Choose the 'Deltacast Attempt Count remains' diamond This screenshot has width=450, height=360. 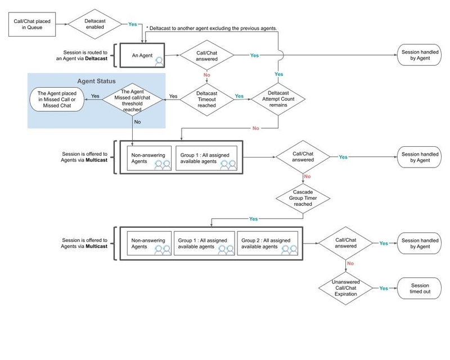(x=279, y=97)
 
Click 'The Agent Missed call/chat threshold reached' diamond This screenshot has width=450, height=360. (x=132, y=97)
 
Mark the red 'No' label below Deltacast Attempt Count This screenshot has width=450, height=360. (x=256, y=129)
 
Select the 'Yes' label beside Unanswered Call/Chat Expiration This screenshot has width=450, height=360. (x=384, y=287)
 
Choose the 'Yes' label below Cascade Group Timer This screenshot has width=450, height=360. (x=254, y=218)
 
